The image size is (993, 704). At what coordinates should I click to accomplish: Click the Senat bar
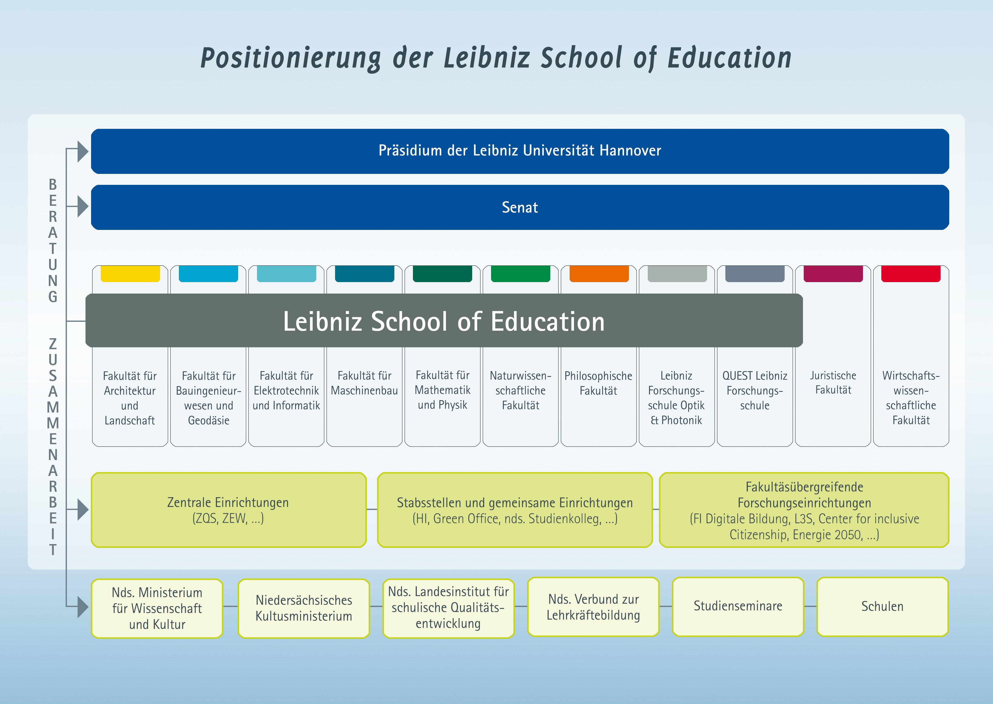(520, 207)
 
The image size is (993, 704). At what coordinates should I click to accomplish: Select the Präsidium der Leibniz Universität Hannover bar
(520, 151)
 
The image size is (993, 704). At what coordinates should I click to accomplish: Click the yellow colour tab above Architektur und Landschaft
(130, 273)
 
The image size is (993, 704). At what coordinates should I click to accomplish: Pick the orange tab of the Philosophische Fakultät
(599, 273)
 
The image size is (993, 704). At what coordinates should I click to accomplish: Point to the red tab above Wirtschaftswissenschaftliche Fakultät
(911, 273)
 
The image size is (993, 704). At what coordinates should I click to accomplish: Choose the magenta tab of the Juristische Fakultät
(833, 273)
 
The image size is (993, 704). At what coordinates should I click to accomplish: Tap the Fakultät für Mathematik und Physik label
(443, 390)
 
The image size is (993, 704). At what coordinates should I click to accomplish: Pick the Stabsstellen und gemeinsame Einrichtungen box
(515, 510)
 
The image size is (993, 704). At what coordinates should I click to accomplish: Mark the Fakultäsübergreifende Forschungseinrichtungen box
(804, 510)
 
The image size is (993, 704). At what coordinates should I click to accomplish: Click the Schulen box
(883, 606)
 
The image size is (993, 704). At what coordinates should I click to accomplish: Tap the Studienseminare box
(738, 606)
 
